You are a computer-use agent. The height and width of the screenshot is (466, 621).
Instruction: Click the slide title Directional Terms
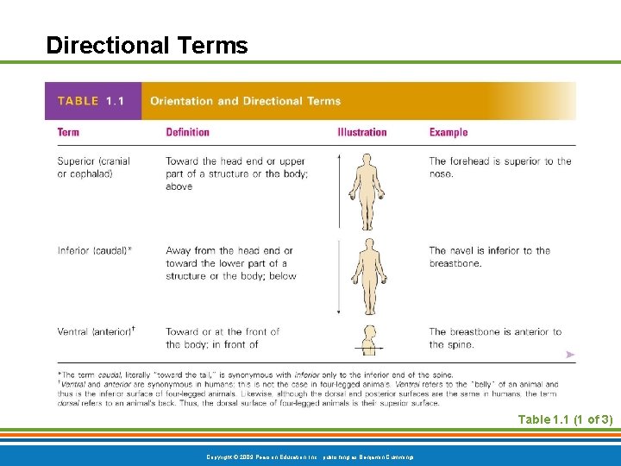pos(147,45)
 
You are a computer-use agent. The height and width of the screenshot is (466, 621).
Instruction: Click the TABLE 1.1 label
pos(91,101)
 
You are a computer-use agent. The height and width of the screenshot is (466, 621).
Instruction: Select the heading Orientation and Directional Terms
pos(245,101)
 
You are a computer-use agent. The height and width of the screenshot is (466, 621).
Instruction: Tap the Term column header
pos(68,132)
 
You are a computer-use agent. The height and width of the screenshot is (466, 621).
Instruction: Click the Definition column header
pos(187,132)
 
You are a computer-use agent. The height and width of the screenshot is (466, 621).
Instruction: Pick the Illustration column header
pos(361,132)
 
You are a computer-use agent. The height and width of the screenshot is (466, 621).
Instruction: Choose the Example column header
pos(448,132)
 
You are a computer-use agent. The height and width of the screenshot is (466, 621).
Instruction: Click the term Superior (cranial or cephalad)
pos(93,167)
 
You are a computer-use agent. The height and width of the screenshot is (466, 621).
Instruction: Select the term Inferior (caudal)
pos(94,251)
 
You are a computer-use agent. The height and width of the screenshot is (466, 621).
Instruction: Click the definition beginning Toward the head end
pos(235,173)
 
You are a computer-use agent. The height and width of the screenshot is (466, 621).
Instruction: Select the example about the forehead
pos(499,167)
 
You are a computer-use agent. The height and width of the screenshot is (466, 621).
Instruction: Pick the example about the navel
pos(489,257)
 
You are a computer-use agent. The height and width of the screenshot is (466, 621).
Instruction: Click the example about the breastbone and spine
pos(494,337)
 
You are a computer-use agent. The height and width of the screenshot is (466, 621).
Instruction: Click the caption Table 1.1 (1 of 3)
pos(564,419)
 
